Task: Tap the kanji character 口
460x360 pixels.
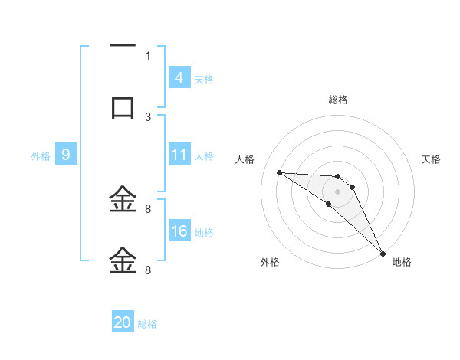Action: pyautogui.click(x=123, y=107)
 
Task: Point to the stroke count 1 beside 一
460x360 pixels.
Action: pyautogui.click(x=148, y=55)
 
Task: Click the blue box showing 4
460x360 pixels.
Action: pyautogui.click(x=179, y=77)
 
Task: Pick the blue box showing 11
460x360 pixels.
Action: pyautogui.click(x=179, y=155)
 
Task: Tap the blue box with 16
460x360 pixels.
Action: pyautogui.click(x=179, y=231)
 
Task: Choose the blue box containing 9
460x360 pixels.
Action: pyautogui.click(x=66, y=155)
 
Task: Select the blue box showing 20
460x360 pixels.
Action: pyautogui.click(x=123, y=322)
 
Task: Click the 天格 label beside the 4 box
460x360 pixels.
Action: pyautogui.click(x=203, y=79)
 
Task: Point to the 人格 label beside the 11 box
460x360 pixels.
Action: pyautogui.click(x=203, y=155)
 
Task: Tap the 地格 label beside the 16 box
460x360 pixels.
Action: pyautogui.click(x=203, y=232)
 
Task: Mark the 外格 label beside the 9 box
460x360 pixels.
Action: pyautogui.click(x=41, y=155)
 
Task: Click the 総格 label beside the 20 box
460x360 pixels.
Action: pyautogui.click(x=147, y=324)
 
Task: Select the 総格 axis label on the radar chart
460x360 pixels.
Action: pyautogui.click(x=337, y=100)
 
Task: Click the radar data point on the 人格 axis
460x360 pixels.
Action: pyautogui.click(x=279, y=172)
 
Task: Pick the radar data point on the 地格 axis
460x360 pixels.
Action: pyautogui.click(x=382, y=252)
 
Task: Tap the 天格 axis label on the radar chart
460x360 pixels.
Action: pyautogui.click(x=432, y=159)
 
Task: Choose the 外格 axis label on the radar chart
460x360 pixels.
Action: pyautogui.click(x=270, y=262)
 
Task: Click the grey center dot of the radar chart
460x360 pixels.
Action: pyautogui.click(x=337, y=191)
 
